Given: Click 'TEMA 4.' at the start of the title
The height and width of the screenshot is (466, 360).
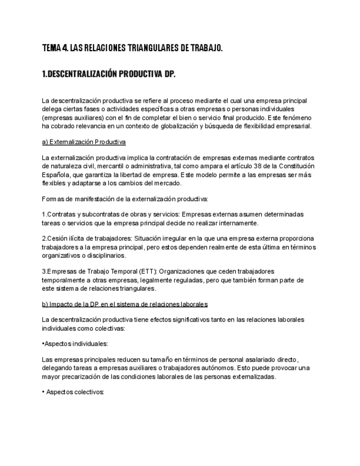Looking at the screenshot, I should click(x=54, y=48).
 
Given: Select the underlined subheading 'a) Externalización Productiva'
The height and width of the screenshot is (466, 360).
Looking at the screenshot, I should click(x=84, y=142).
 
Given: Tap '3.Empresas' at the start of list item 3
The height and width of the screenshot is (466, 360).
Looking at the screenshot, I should click(x=59, y=271).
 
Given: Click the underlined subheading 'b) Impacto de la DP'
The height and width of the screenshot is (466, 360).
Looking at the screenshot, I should click(x=124, y=304).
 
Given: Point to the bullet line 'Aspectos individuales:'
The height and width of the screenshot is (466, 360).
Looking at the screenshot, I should click(x=76, y=344).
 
